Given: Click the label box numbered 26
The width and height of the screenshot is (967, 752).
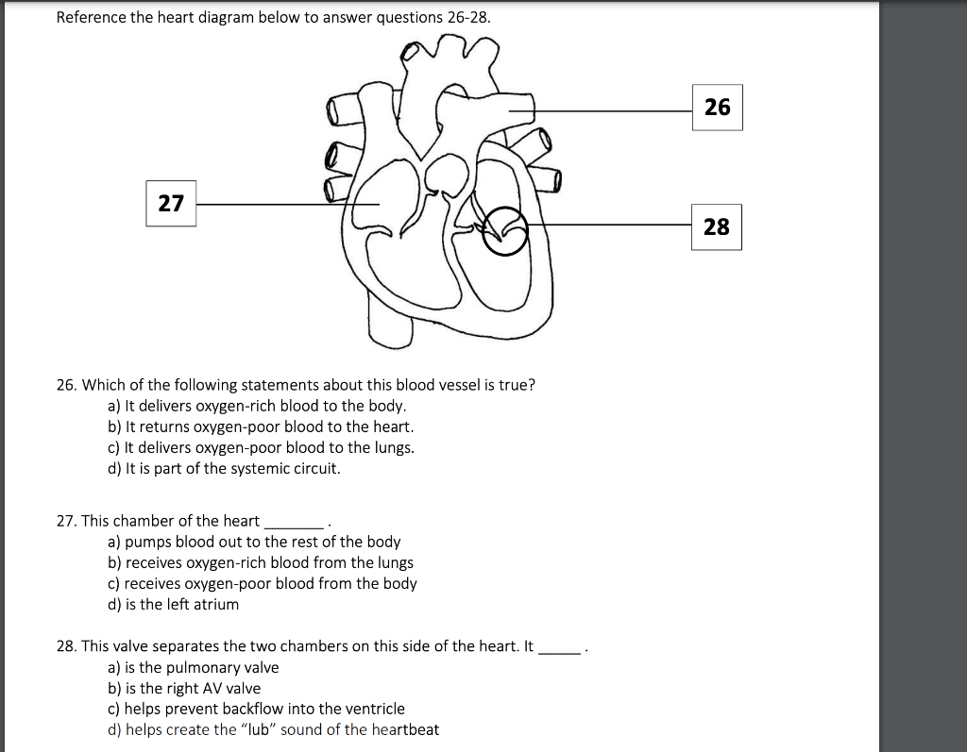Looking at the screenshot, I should (x=717, y=107).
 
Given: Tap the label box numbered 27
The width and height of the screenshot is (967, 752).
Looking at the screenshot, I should (x=171, y=203).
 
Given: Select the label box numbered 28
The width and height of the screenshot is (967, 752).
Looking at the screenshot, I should (x=716, y=226).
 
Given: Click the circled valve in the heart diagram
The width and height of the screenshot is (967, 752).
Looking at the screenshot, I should (x=504, y=231).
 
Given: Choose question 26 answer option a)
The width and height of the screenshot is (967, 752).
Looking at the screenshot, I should (x=257, y=406).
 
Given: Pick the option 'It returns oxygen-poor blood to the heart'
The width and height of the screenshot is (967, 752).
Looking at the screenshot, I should (x=261, y=426).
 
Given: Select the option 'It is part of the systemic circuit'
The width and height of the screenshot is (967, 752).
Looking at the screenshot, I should (x=224, y=468).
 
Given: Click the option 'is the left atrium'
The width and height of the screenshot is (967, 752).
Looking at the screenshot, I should (x=174, y=604).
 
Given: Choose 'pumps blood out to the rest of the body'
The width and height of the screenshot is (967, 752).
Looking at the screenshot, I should (x=254, y=542).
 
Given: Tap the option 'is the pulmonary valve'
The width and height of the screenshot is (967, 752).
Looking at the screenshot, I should (x=194, y=667).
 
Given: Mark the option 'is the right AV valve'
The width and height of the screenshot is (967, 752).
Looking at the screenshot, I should (x=184, y=688).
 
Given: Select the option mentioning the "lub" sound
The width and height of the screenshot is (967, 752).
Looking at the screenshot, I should (x=273, y=729).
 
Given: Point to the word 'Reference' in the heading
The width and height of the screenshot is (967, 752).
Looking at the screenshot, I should (x=90, y=18).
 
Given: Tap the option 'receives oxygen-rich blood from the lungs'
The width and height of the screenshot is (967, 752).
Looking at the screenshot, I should (x=261, y=562).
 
